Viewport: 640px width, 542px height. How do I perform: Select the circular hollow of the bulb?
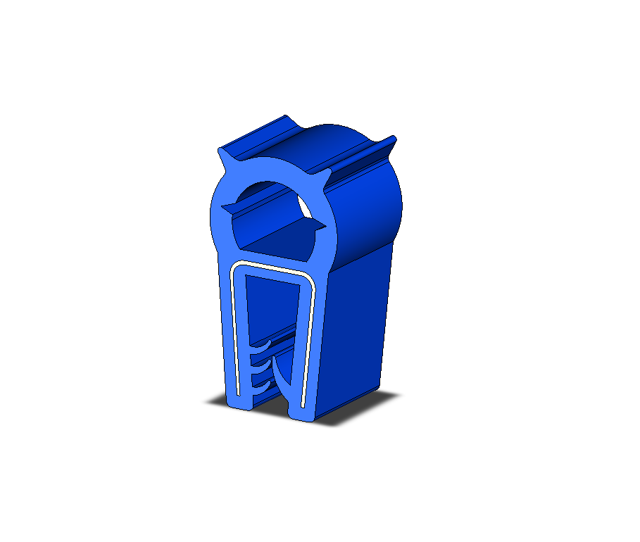coord(271,211)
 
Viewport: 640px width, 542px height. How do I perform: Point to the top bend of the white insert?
coord(271,265)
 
